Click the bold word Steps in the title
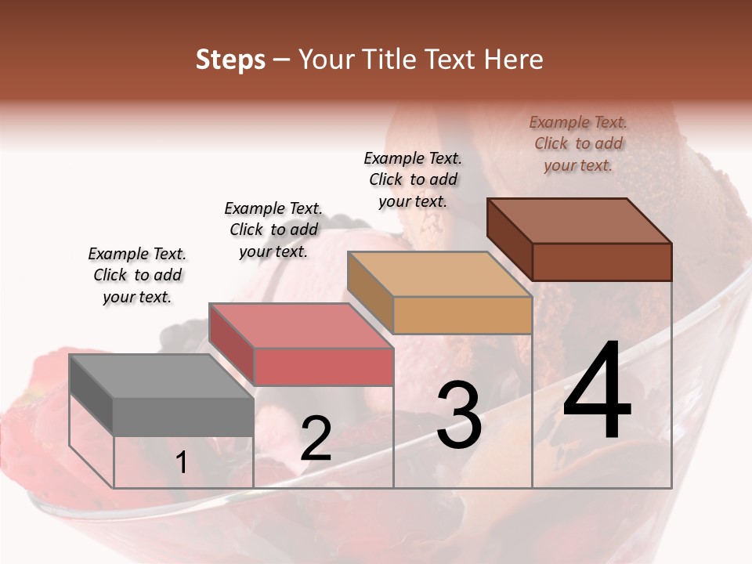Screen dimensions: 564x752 click(230, 60)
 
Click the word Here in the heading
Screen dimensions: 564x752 click(513, 60)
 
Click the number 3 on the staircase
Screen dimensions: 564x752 click(459, 415)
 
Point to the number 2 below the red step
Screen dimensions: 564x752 click(316, 439)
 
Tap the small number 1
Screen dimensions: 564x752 click(182, 463)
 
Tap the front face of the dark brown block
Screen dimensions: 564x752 click(602, 262)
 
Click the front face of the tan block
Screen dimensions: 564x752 click(462, 315)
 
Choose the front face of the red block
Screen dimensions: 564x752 click(324, 367)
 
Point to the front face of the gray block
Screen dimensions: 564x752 click(183, 417)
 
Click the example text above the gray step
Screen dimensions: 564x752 click(137, 275)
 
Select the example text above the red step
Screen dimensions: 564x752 click(273, 230)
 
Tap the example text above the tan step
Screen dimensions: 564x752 click(413, 179)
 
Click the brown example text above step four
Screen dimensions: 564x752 click(578, 143)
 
